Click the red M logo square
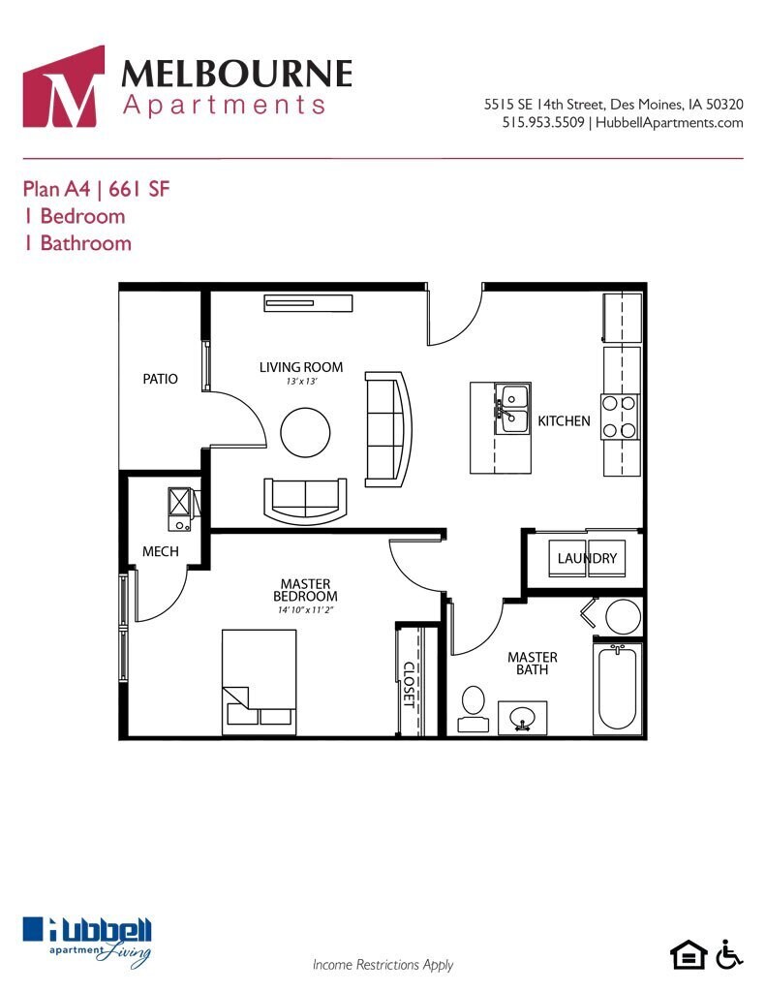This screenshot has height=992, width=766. click(x=63, y=86)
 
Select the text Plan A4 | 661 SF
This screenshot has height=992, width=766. click(x=96, y=189)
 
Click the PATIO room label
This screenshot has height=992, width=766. click(x=160, y=379)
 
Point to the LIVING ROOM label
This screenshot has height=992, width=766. click(x=300, y=367)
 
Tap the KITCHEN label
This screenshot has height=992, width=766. click(x=564, y=421)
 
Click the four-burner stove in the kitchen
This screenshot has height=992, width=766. click(x=620, y=417)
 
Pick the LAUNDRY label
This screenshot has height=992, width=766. click(x=587, y=559)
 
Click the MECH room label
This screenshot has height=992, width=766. click(x=160, y=551)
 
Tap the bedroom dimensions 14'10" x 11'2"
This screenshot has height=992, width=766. click(x=305, y=610)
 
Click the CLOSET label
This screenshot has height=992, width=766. click(x=409, y=686)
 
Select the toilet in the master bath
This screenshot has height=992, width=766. click(x=474, y=708)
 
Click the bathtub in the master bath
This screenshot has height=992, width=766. click(x=617, y=688)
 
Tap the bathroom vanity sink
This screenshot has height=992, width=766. click(x=522, y=718)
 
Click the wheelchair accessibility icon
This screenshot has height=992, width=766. click(x=728, y=954)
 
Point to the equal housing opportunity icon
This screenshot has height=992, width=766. click(x=689, y=954)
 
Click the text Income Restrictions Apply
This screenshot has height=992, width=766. click(x=383, y=965)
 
